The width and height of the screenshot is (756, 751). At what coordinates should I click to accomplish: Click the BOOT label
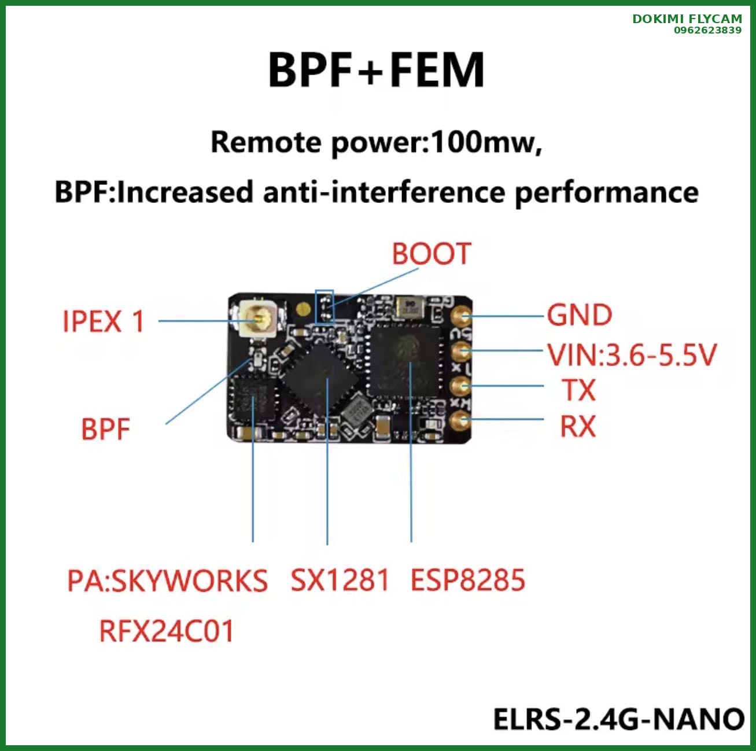point(432,254)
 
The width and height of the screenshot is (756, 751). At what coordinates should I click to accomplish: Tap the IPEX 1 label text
point(103,321)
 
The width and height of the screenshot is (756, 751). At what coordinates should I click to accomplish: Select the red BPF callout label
point(105,430)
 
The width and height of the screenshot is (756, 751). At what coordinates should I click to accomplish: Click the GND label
point(580,316)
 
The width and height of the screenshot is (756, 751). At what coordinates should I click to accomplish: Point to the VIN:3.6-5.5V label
point(632,355)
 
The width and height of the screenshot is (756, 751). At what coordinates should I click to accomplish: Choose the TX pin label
point(578,390)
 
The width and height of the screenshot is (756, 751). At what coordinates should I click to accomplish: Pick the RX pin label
point(578,427)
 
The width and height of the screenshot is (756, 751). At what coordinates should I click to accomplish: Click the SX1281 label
point(340,580)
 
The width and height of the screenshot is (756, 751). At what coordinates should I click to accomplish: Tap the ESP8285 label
point(467,580)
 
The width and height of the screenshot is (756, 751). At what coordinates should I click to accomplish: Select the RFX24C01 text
point(167,631)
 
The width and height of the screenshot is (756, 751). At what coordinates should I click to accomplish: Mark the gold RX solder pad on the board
point(460,420)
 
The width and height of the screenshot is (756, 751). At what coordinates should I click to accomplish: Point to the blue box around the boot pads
point(324,306)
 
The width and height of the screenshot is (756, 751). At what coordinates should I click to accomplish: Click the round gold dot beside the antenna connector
point(301,309)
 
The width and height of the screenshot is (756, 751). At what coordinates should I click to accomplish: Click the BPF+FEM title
point(376,70)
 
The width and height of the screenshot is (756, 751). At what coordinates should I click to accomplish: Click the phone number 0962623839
point(707,30)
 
